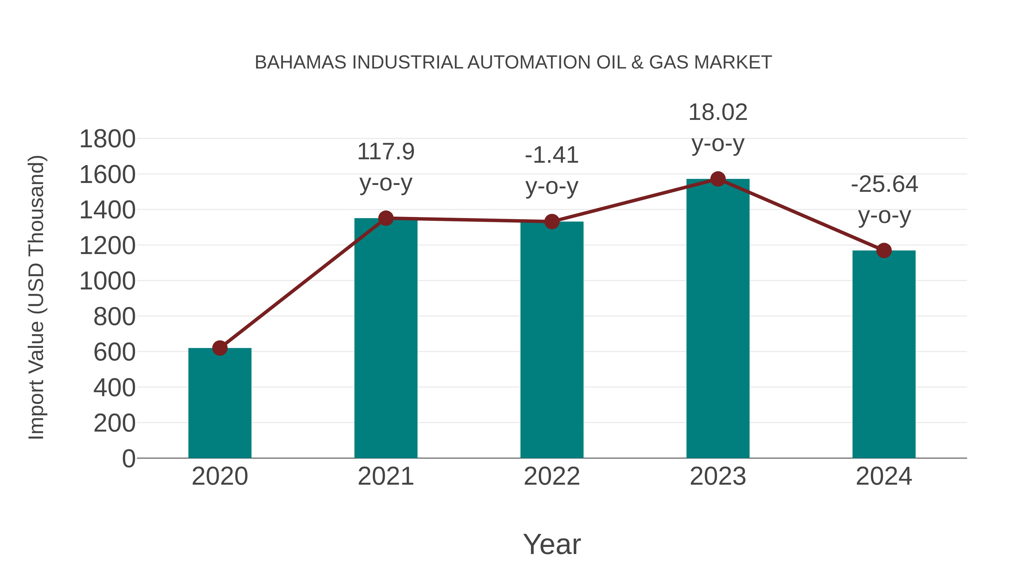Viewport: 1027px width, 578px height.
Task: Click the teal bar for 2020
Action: (x=220, y=403)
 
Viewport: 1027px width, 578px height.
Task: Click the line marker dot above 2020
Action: (x=220, y=348)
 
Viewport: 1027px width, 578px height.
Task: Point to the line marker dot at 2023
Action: (x=718, y=179)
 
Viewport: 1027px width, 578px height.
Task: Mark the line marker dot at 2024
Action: (x=884, y=251)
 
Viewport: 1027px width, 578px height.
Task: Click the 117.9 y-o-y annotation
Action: (x=385, y=167)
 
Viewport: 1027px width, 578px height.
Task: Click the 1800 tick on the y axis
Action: (x=107, y=139)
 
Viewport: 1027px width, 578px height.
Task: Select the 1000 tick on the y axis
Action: (x=107, y=281)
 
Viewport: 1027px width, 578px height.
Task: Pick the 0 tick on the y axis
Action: (x=129, y=458)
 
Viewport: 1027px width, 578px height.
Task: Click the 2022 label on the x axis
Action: (x=552, y=476)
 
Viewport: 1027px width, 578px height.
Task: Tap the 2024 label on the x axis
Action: (x=884, y=476)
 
